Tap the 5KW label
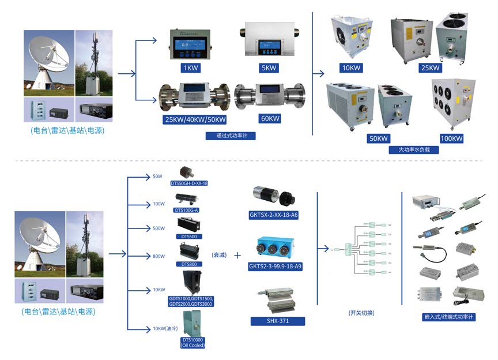pos(269,68)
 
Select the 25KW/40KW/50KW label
pos(195,119)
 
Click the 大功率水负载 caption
pos(410,149)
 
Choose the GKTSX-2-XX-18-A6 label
pos(278,215)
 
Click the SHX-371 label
pos(278,321)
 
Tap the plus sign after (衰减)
pos(237,254)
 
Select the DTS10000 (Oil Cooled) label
pos(194,343)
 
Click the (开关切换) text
pos(361,313)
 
